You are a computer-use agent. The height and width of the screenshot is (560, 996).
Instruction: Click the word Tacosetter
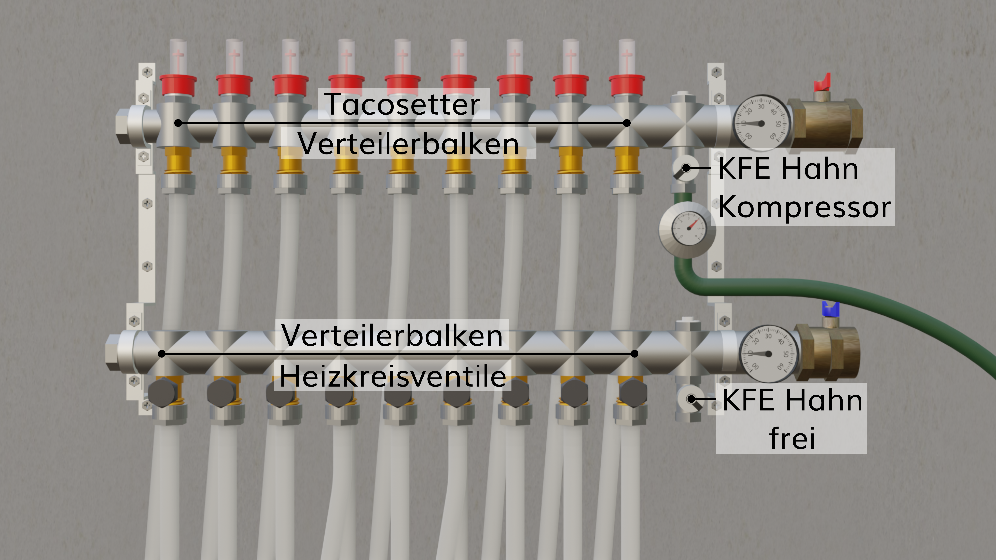point(403,104)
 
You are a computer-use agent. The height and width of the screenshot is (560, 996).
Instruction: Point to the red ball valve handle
point(822,84)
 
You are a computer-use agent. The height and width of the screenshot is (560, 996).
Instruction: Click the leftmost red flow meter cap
point(178,86)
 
